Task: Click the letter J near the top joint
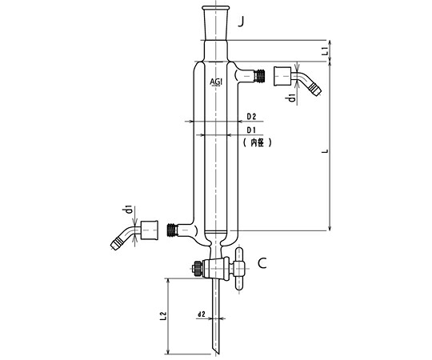click(x=241, y=22)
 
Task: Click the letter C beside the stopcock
click(x=262, y=263)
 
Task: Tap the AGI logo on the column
click(x=216, y=82)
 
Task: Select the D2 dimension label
click(x=251, y=117)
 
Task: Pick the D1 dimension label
click(x=251, y=130)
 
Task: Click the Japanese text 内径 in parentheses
click(x=258, y=142)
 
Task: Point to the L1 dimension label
click(x=325, y=50)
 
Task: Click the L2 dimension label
click(x=163, y=316)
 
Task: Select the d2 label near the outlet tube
click(x=202, y=314)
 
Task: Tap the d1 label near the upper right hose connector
click(x=292, y=98)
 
